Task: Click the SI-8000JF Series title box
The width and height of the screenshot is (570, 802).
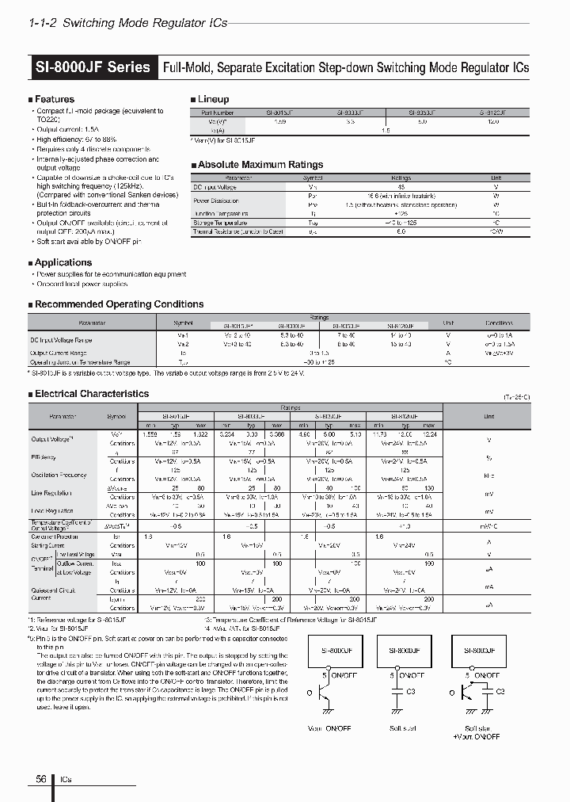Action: click(x=93, y=67)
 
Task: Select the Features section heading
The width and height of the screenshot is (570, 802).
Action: click(x=55, y=100)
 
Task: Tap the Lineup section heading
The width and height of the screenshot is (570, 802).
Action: click(x=212, y=100)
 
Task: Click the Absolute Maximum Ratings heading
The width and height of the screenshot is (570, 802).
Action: click(x=260, y=165)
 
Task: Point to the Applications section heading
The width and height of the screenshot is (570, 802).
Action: click(x=63, y=262)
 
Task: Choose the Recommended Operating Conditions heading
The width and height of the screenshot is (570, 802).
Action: click(x=119, y=304)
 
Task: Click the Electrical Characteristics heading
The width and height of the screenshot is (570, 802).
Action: click(x=92, y=394)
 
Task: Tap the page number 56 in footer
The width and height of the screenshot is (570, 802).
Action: click(x=39, y=780)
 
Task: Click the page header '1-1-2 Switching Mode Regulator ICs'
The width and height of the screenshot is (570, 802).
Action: click(x=127, y=23)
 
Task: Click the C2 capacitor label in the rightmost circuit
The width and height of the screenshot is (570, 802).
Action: click(x=500, y=691)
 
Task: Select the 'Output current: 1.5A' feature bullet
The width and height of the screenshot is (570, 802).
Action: click(x=70, y=129)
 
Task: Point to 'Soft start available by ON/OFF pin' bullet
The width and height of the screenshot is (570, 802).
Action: click(x=89, y=241)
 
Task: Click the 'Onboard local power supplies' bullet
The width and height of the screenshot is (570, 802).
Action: click(x=82, y=284)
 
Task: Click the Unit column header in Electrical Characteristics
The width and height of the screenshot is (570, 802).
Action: click(x=488, y=416)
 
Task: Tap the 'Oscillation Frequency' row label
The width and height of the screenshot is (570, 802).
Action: click(x=60, y=475)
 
